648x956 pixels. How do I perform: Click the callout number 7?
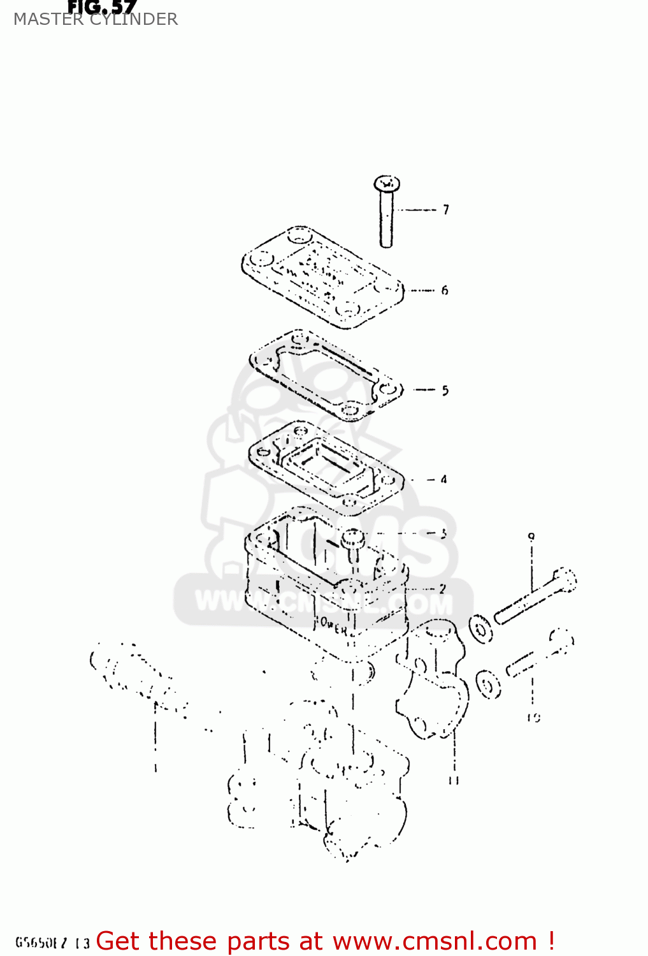coord(446,210)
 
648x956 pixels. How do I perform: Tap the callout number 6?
coord(445,291)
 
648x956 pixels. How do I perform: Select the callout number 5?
coord(445,391)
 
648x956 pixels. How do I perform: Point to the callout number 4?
coord(443,479)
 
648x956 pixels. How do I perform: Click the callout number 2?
coord(442,590)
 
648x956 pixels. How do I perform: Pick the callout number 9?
coord(531,537)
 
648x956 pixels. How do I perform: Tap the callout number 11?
coord(454,780)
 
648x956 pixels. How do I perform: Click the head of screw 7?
coord(386,185)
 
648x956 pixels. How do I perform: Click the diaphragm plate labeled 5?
coord(325,376)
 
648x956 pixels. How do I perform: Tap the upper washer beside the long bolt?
coord(481,630)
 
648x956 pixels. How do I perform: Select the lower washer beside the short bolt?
coord(489,684)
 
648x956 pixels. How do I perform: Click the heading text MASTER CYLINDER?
coord(96,20)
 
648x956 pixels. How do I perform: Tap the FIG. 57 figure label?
coord(102,7)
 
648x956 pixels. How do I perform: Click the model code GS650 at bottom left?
coord(42,943)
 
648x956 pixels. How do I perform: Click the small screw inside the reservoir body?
coord(352,542)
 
